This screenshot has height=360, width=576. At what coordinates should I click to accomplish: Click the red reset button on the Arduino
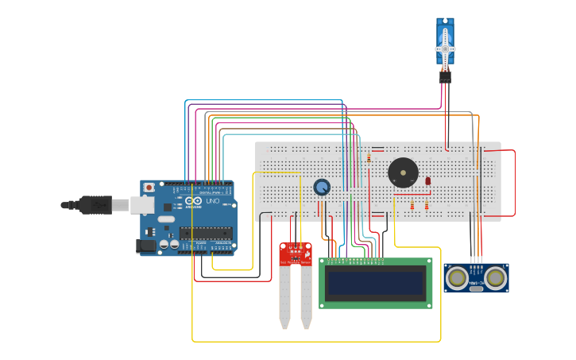pos(149,188)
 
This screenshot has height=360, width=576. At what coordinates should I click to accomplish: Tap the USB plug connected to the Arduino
pos(94,204)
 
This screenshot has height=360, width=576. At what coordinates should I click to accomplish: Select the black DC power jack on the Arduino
pos(146,246)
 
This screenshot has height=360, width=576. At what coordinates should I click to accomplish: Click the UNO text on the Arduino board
pos(213,201)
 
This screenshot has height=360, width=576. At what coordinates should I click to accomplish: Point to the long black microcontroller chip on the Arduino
pos(205,233)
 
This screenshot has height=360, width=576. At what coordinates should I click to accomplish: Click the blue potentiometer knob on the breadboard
pos(321,187)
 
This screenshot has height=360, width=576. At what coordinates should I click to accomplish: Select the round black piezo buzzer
pos(403,173)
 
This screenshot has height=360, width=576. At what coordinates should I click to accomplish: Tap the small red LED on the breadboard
pos(427,181)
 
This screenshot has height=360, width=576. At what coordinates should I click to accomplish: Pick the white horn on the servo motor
pos(445,49)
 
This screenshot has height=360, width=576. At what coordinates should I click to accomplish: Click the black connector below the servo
pos(445,77)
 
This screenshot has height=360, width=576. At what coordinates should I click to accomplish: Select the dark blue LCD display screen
pos(375,283)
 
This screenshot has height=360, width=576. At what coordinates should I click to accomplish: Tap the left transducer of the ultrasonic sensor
pos(457,277)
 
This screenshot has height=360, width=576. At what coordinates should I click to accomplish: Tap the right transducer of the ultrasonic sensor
pos(496,277)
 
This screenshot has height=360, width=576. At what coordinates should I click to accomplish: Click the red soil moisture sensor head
pos(295,254)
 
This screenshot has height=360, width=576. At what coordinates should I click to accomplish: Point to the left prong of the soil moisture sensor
pos(284,298)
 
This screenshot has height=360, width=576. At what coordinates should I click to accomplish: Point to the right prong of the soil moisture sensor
pos(306,298)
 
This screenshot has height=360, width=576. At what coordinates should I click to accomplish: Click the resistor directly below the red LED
pos(427,206)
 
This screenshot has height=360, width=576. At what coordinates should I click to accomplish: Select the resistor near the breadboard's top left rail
pos(369,158)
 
